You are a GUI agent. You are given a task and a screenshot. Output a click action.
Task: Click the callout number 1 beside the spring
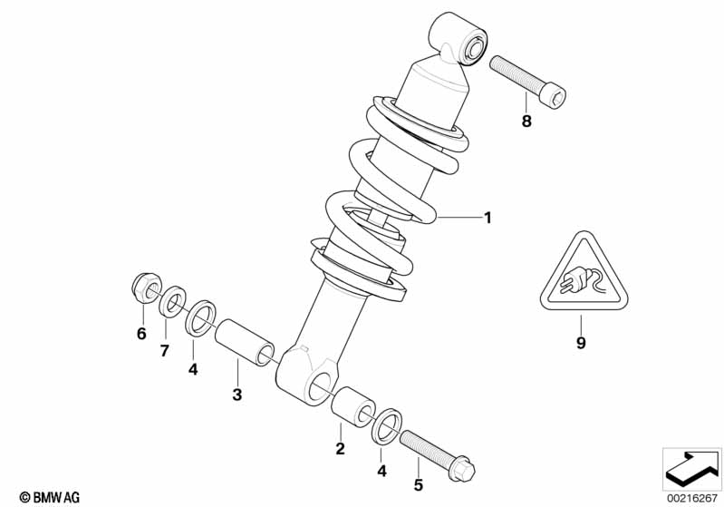coord(487,217)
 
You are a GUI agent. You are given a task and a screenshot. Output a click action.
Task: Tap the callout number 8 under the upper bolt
coord(526,122)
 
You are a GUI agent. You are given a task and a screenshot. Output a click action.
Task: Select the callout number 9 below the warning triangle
coord(581,343)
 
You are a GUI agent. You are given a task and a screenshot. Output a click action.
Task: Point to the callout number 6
coord(141,333)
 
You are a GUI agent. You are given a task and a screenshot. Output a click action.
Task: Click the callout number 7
coord(165,351)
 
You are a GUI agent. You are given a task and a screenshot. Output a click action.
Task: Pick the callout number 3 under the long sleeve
coord(237,395)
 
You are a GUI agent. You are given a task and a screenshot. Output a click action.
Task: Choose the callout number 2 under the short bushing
coord(341,448)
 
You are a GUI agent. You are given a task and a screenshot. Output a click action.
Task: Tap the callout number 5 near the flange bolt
coord(419,485)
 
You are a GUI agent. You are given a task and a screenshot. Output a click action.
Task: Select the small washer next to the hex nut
coord(173,303)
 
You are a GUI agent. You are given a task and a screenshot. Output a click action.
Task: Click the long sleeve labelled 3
coord(246,343)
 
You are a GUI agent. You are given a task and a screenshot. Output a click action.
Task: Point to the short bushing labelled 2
coord(353,407)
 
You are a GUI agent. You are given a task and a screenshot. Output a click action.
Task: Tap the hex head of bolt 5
coord(461,468)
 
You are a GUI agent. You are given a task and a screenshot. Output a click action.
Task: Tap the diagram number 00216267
coord(691,498)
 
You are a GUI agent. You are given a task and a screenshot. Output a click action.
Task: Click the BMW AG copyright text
coord(50,497)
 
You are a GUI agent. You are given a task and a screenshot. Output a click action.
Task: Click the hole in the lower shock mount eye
coord(322,385)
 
